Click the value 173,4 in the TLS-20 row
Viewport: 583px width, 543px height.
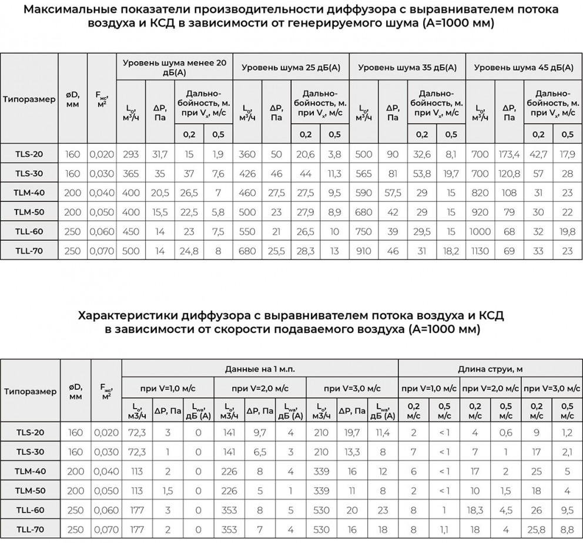pyautogui.click(x=509, y=154)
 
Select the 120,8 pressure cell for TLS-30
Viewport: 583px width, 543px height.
pyautogui.click(x=509, y=174)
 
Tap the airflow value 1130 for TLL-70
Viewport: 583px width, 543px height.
pyautogui.click(x=480, y=252)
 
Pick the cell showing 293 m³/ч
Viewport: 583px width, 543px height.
pyautogui.click(x=130, y=154)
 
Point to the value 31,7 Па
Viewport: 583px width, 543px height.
pyautogui.click(x=160, y=154)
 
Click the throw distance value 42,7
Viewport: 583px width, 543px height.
pyautogui.click(x=538, y=154)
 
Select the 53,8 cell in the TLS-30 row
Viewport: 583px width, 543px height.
pyautogui.click(x=422, y=174)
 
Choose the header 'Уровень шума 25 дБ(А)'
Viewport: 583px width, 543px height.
pyautogui.click(x=291, y=68)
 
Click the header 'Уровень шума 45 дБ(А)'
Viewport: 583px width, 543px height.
pyautogui.click(x=524, y=68)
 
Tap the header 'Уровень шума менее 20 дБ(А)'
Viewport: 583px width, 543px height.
pyautogui.click(x=175, y=68)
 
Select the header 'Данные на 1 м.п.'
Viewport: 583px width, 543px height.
pyautogui.click(x=260, y=369)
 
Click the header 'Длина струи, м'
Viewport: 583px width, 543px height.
pyautogui.click(x=490, y=369)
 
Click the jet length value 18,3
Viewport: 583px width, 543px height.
pyautogui.click(x=475, y=511)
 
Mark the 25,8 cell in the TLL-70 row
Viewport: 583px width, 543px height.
pyautogui.click(x=537, y=530)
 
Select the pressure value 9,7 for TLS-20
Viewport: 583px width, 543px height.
pyautogui.click(x=260, y=433)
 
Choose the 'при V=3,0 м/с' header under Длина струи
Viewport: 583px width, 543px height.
pyautogui.click(x=551, y=389)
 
